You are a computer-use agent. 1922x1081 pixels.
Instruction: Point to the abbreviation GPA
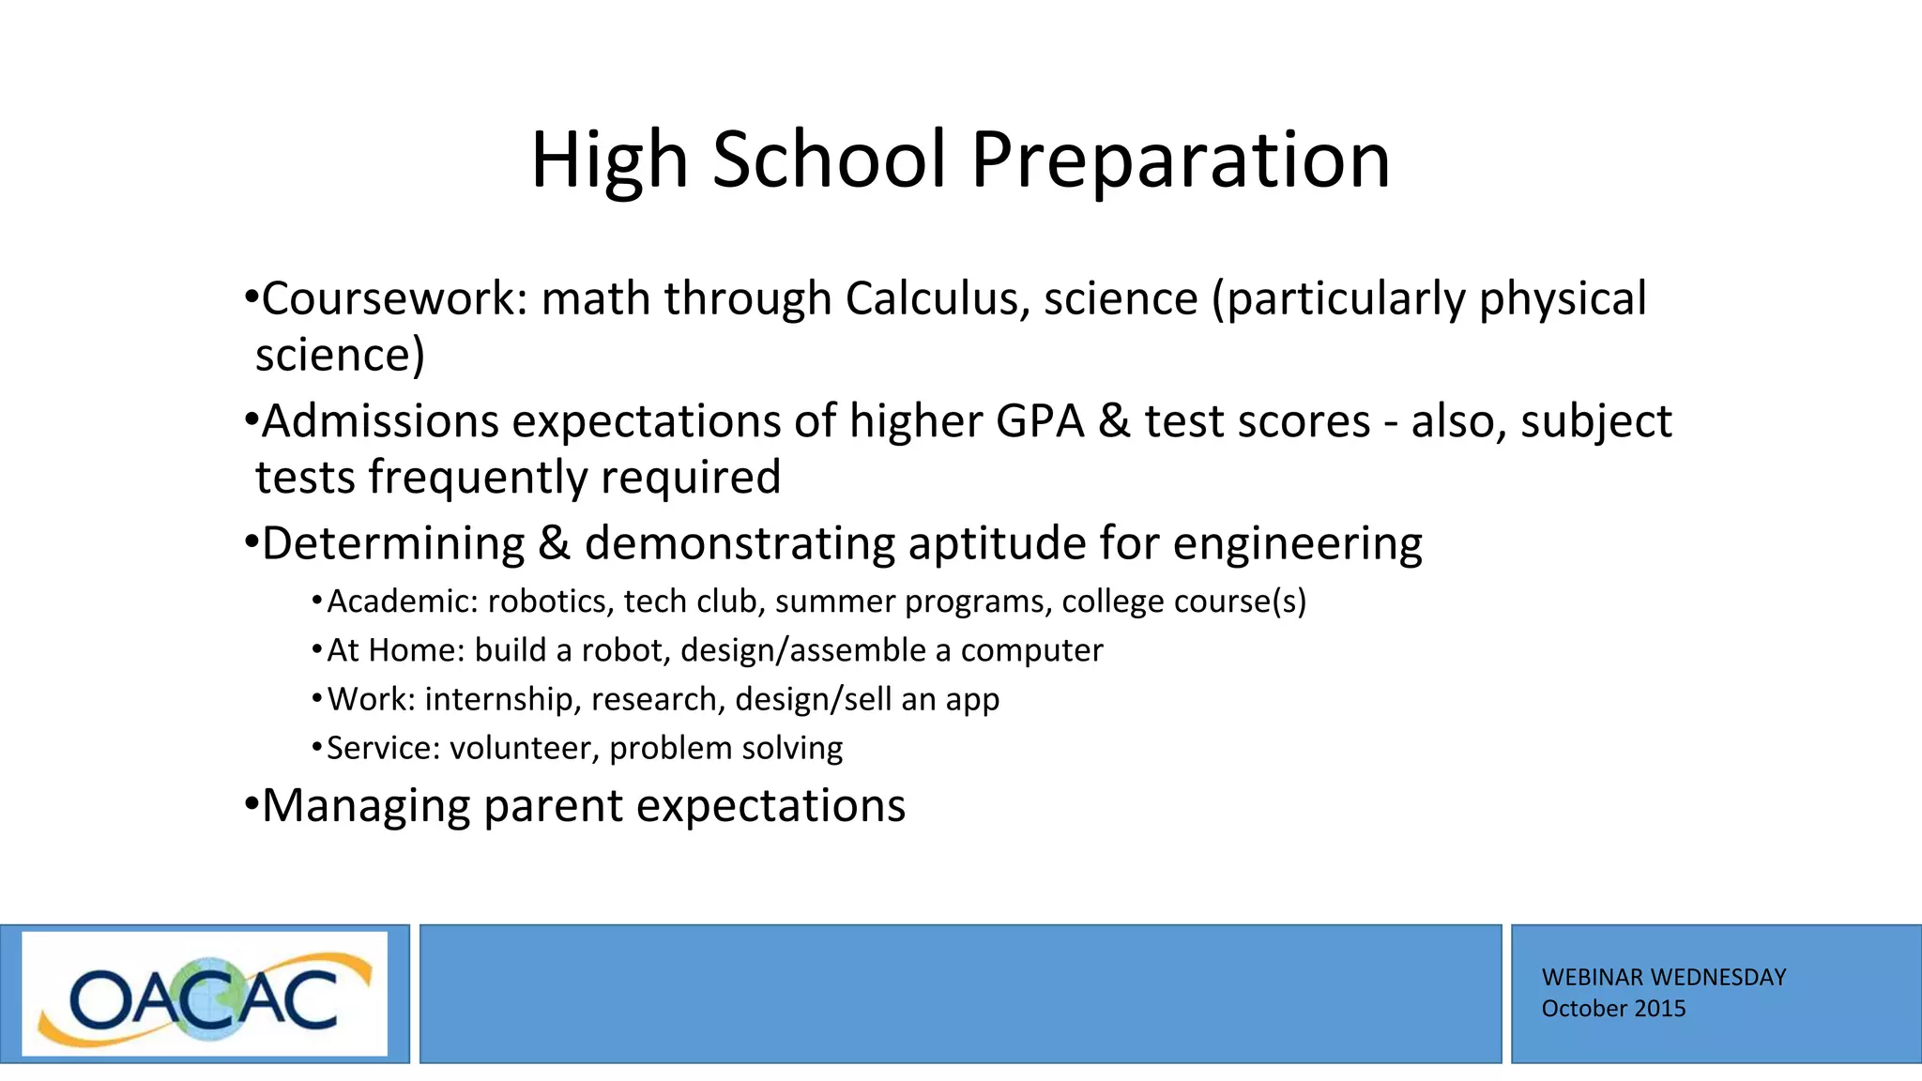click(x=1039, y=420)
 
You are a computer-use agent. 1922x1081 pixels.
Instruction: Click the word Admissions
click(x=380, y=420)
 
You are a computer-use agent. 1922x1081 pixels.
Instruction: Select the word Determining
click(x=393, y=543)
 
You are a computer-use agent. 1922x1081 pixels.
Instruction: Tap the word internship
click(x=499, y=699)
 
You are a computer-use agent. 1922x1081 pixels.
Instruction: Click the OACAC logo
click(x=205, y=995)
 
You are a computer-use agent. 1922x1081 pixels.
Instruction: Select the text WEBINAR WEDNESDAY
click(x=1663, y=978)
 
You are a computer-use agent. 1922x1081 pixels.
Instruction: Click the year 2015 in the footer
click(x=1660, y=1009)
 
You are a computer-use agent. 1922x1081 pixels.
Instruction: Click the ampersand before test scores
click(x=1113, y=420)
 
